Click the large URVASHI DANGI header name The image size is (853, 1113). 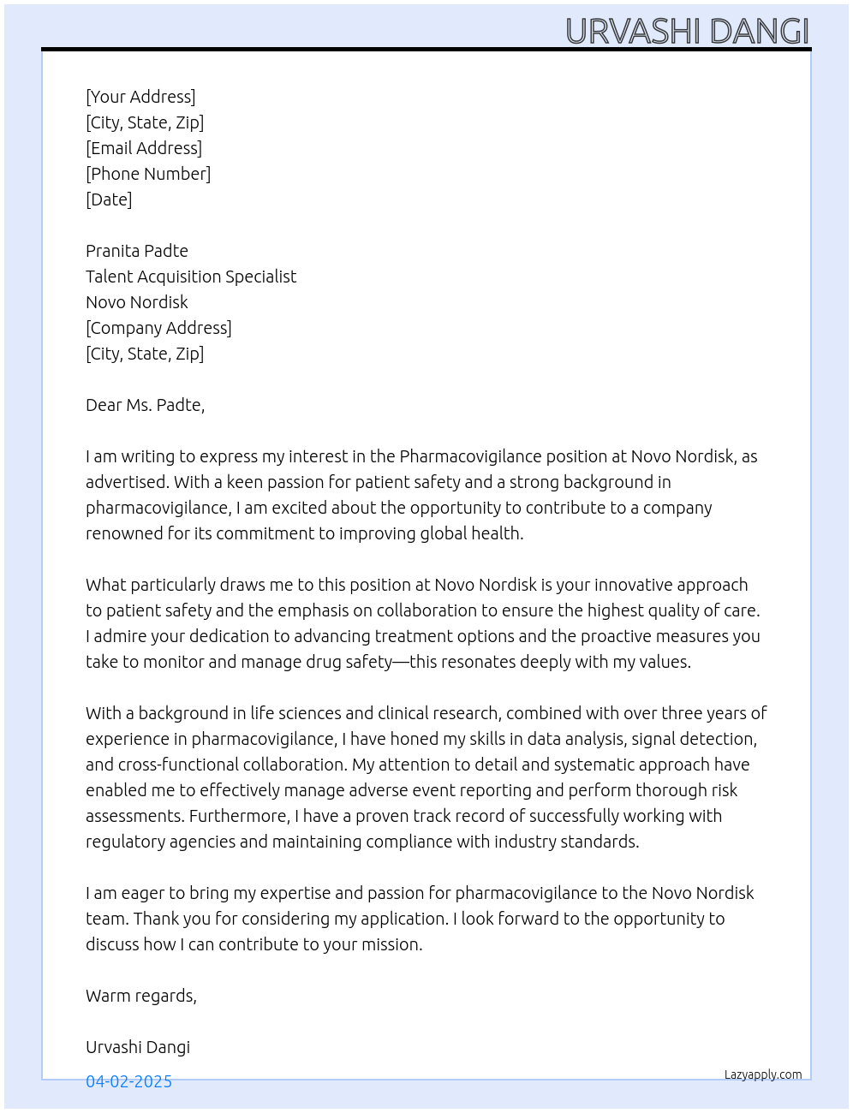(687, 31)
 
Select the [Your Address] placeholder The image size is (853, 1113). (140, 97)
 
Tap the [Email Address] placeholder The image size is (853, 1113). (144, 148)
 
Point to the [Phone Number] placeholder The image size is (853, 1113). (148, 174)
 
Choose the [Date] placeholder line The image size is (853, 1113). (109, 199)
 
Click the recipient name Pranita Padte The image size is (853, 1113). (137, 251)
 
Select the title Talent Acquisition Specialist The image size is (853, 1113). (191, 277)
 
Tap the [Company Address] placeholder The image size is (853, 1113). (158, 328)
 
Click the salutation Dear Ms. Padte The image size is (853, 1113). (145, 405)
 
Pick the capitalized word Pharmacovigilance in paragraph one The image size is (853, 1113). (470, 456)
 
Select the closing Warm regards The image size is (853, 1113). (141, 996)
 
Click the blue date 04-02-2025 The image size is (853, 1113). (128, 1081)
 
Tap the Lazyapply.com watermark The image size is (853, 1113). (763, 1074)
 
